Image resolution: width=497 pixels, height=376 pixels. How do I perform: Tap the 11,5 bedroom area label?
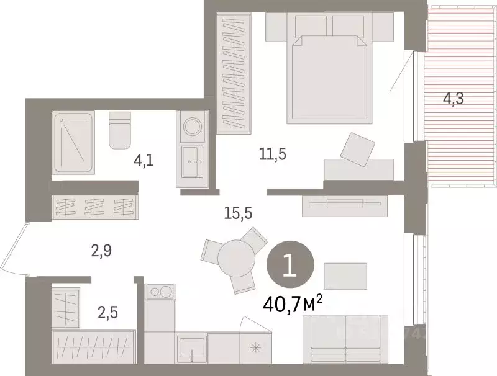(x=273, y=154)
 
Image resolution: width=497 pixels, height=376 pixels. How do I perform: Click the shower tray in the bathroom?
(x=73, y=142)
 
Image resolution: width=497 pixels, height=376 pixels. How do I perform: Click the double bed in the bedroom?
(x=331, y=74)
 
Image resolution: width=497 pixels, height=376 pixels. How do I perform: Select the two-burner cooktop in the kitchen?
(x=161, y=291)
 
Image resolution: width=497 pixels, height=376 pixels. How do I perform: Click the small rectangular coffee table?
(x=345, y=275)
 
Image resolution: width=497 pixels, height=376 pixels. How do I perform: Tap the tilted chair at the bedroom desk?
(x=358, y=149)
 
